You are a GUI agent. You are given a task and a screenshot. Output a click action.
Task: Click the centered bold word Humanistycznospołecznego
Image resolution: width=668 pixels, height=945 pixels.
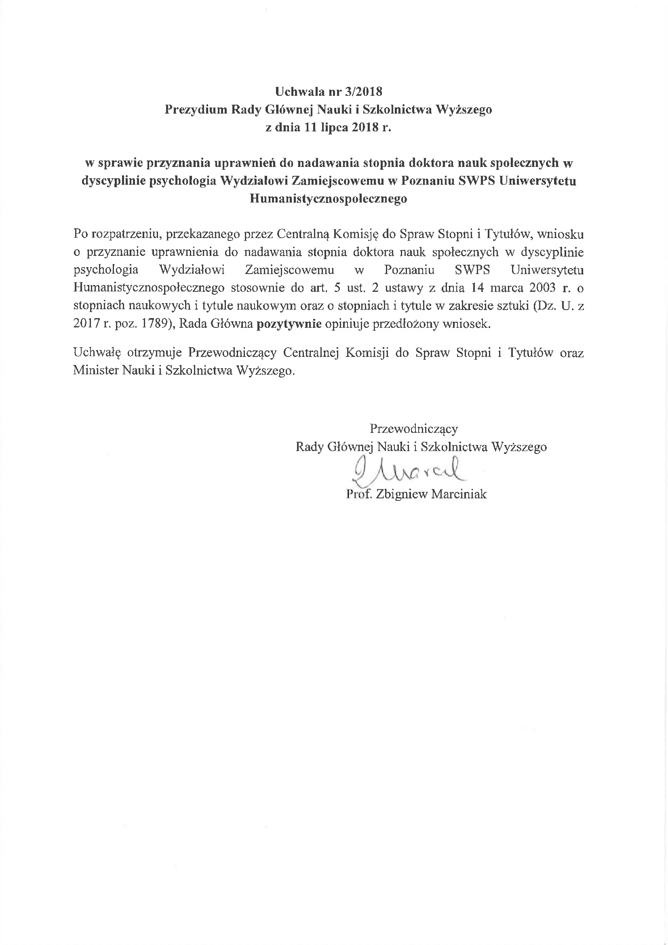(328, 199)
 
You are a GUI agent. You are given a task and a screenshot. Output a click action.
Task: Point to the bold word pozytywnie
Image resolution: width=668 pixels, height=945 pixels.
(289, 323)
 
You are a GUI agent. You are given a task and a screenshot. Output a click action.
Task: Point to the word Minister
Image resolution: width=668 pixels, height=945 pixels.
(96, 370)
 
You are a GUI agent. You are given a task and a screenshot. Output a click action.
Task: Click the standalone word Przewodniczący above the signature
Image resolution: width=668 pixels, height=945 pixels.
(413, 429)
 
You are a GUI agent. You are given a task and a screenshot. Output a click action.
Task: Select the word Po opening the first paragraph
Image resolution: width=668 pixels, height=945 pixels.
(80, 234)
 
